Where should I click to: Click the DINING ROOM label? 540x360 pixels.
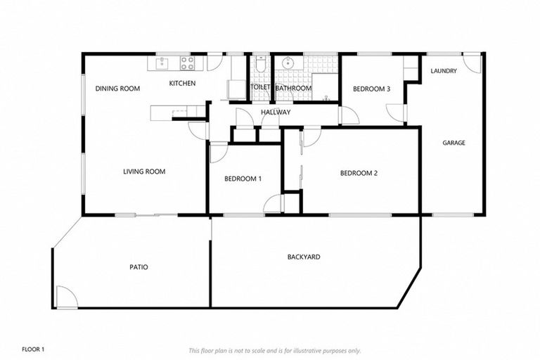[117, 89]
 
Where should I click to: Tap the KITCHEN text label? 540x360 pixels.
[182, 84]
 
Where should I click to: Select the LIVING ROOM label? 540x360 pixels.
[144, 172]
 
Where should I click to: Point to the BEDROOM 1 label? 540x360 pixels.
[243, 179]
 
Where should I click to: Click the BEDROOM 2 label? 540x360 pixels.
[359, 173]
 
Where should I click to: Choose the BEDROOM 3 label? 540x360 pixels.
[371, 89]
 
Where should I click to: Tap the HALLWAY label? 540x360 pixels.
[276, 112]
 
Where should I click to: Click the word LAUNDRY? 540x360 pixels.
[444, 71]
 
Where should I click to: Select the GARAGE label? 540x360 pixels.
[454, 143]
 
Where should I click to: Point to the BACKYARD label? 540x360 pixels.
[304, 257]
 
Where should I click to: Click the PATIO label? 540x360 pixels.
[139, 267]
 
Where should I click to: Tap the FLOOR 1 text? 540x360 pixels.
[33, 349]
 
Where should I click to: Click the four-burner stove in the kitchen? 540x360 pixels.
[187, 63]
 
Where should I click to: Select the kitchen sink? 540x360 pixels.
[162, 63]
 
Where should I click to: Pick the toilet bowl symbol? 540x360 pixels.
[260, 65]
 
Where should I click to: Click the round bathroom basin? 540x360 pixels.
[287, 63]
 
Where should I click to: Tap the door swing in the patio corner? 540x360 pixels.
[66, 297]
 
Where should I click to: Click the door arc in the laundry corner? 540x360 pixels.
[473, 63]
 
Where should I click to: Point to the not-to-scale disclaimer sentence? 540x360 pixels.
[275, 350]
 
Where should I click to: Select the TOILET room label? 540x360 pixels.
[260, 89]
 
